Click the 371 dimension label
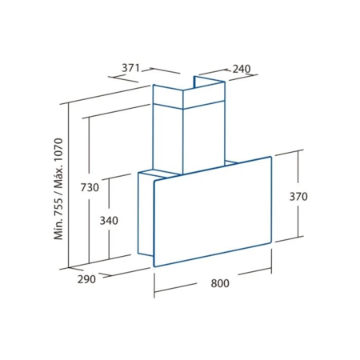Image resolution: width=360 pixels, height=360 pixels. point(130,68)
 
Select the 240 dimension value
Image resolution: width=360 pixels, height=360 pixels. point(242,69)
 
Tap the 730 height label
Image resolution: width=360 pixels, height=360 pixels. point(90,187)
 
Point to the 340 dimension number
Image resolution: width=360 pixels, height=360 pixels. point(109,221)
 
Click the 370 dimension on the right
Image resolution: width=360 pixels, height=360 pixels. point(298,197)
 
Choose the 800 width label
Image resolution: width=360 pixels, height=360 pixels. point(220,283)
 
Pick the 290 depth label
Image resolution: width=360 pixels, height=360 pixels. point(86,279)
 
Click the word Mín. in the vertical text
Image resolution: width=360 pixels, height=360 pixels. point(58,230)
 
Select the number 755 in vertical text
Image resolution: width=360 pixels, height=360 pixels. point(58,206)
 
